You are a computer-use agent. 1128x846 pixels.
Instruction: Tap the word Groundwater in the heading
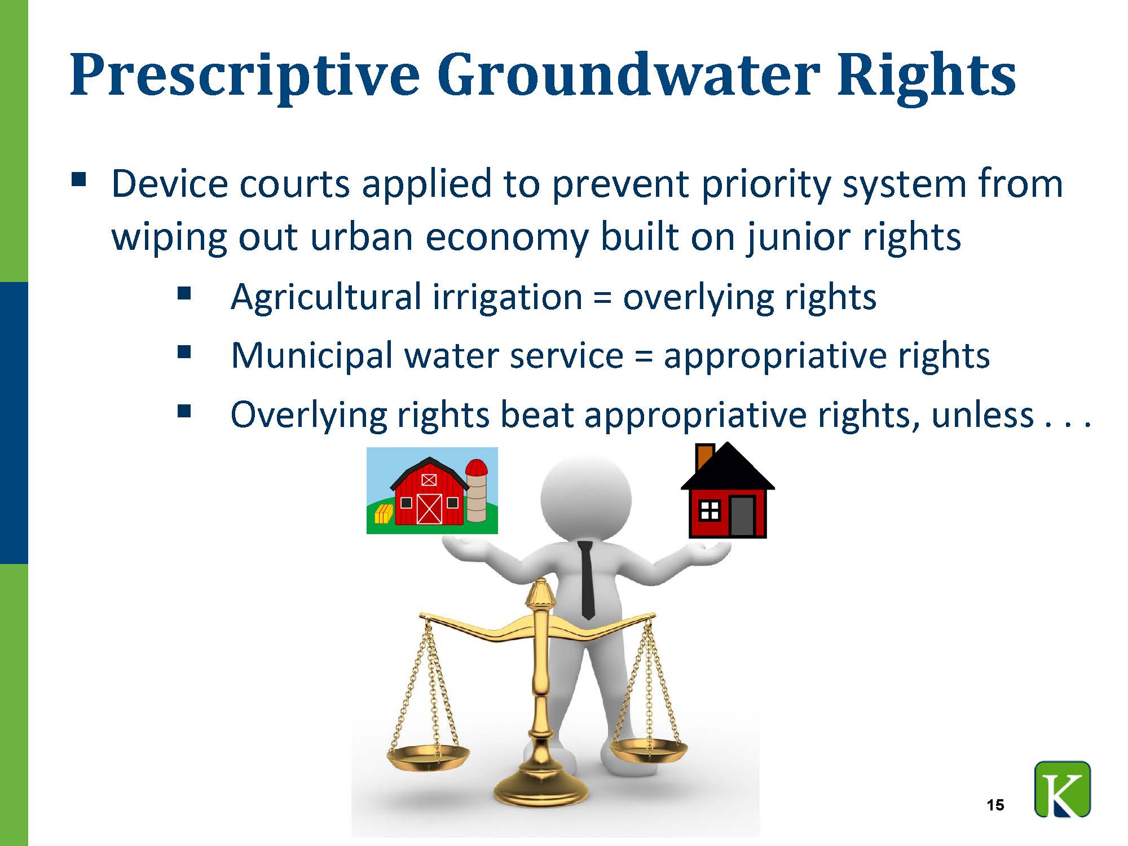point(628,74)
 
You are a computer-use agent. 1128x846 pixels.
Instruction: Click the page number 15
point(996,805)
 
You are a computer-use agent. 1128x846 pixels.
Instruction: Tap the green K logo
point(1063,789)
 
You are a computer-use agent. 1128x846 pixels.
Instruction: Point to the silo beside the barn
point(477,490)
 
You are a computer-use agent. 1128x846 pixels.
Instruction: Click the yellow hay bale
point(384,514)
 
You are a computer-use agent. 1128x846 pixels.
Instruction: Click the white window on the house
point(709,510)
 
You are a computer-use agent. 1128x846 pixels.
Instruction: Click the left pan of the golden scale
point(428,757)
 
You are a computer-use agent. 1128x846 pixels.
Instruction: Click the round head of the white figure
point(586,496)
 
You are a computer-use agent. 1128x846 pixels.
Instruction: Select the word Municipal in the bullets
point(312,357)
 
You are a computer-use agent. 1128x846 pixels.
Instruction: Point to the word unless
point(982,415)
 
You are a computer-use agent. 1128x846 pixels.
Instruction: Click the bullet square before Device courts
point(79,179)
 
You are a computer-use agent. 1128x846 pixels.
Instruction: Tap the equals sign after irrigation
point(602,297)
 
